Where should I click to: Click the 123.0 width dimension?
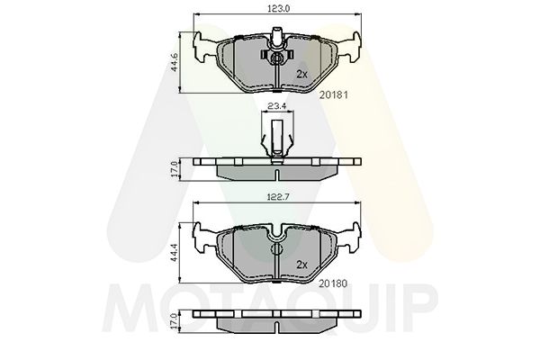276,9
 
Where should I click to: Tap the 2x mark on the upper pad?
302,73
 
